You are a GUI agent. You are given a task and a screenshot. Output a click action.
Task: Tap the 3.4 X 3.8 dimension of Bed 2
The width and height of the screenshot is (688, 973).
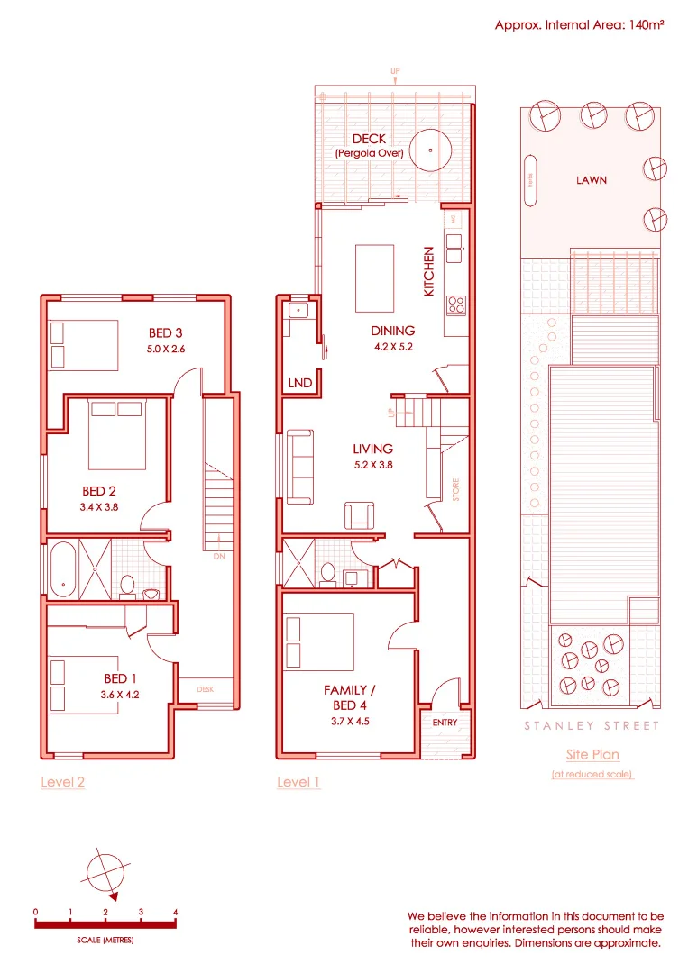coord(100,506)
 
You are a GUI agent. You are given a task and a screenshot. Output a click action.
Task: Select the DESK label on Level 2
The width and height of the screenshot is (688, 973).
coord(206,689)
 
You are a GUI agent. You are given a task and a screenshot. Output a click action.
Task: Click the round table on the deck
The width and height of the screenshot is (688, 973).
coord(433,150)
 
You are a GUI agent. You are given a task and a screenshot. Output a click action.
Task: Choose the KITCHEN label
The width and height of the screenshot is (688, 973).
coord(429,271)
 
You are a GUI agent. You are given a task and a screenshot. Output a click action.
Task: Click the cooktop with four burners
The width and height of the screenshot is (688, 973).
coord(455,304)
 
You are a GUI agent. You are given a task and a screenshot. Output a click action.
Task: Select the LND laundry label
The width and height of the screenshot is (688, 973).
coord(299,383)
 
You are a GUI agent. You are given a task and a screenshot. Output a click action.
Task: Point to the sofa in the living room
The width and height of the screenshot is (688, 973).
coord(300,467)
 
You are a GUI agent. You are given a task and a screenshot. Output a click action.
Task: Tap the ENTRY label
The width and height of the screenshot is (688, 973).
coord(445,723)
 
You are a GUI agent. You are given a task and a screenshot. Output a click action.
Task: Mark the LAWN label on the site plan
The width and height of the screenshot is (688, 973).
coord(592,180)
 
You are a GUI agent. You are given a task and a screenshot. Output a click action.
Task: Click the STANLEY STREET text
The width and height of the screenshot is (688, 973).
coord(592,725)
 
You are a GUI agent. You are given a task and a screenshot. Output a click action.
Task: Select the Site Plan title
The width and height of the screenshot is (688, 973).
coord(592,755)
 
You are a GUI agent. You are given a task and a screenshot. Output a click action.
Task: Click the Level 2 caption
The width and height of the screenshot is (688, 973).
coord(63,782)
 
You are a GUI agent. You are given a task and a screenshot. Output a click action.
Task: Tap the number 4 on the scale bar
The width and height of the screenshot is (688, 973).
coord(175,912)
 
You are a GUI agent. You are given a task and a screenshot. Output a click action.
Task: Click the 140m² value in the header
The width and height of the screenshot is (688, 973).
coord(641,26)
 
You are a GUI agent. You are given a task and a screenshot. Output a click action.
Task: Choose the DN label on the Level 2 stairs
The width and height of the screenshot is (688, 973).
coord(218,556)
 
